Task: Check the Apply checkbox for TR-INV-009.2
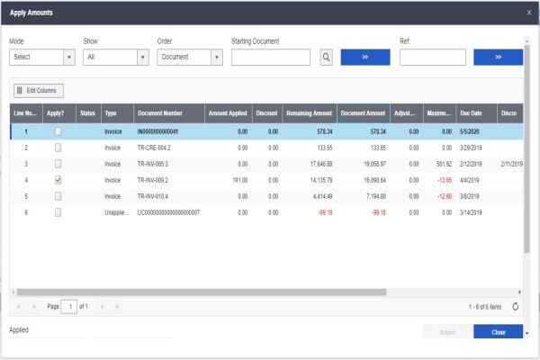point(58,180)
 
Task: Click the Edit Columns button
point(39,91)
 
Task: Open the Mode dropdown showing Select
point(42,58)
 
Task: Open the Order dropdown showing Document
point(190,58)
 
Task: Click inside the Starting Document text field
point(271,58)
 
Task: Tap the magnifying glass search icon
point(326,58)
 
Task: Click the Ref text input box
point(433,58)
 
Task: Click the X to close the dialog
point(529,13)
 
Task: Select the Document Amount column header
point(364,113)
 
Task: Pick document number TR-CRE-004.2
point(154,148)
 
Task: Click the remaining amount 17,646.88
point(321,164)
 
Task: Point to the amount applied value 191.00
point(240,180)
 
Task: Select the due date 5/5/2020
point(470,131)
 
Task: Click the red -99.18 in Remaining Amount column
point(326,212)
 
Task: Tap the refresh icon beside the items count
point(515,306)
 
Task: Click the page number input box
point(69,307)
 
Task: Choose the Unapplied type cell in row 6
point(117,212)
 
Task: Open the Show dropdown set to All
point(116,58)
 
